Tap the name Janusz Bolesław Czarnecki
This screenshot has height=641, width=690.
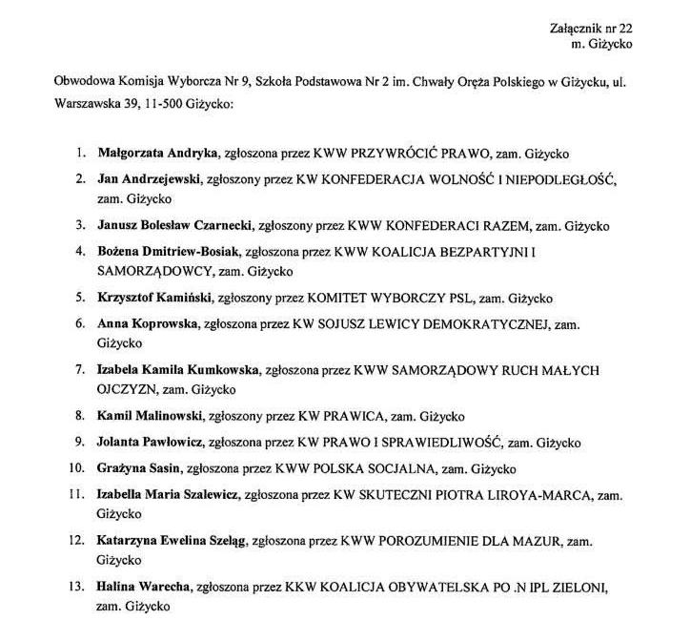coord(173,227)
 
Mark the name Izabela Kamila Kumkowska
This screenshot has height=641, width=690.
coord(177,369)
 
